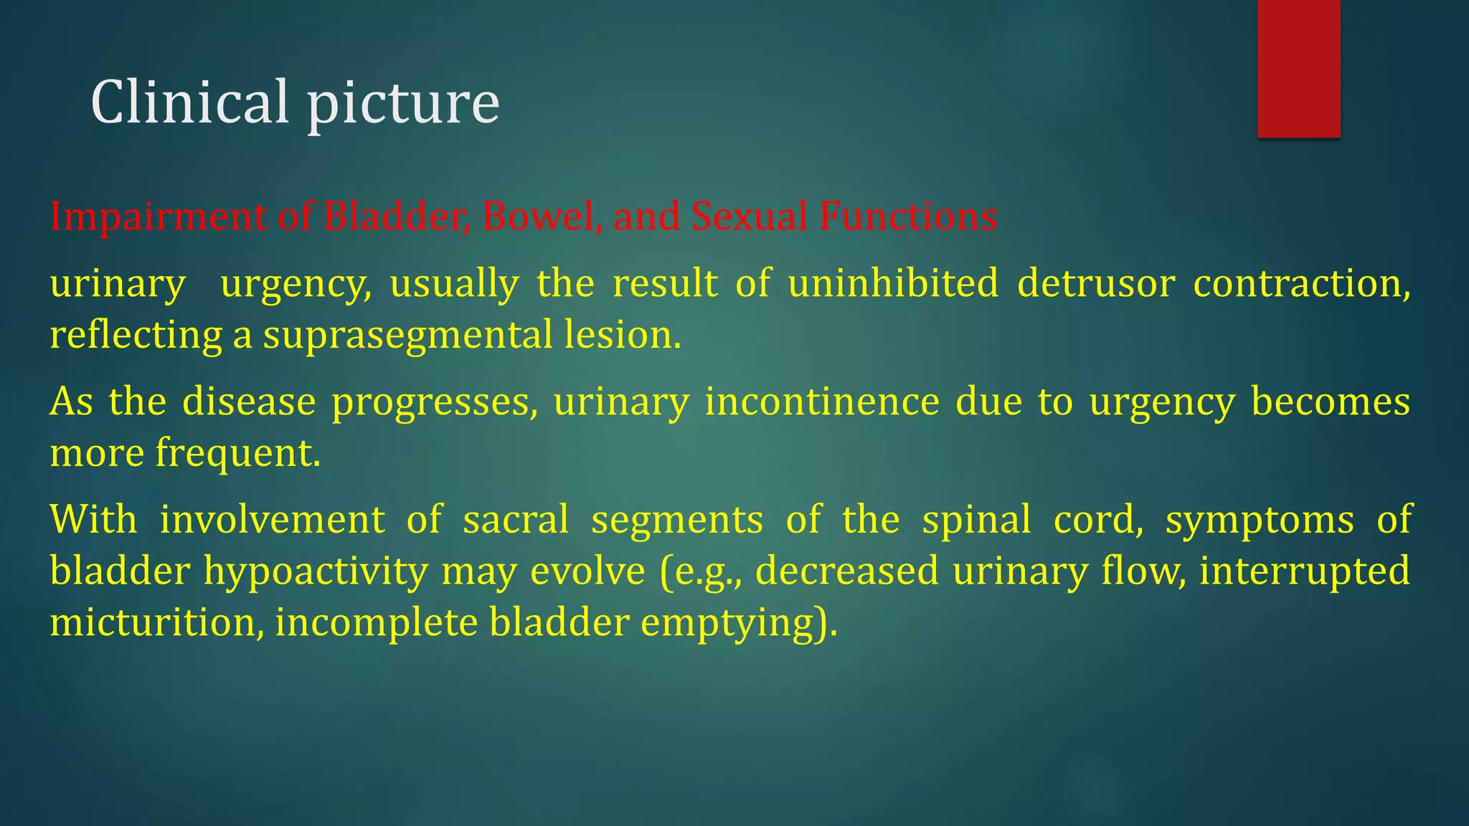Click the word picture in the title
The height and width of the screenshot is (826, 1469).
click(403, 105)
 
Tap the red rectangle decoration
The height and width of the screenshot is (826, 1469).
click(1298, 68)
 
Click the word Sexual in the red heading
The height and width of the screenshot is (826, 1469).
click(750, 216)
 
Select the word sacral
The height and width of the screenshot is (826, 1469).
click(516, 519)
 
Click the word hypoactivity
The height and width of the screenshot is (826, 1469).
click(316, 572)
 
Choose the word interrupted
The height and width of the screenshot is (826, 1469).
click(1305, 572)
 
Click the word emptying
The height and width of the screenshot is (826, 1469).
click(738, 623)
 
